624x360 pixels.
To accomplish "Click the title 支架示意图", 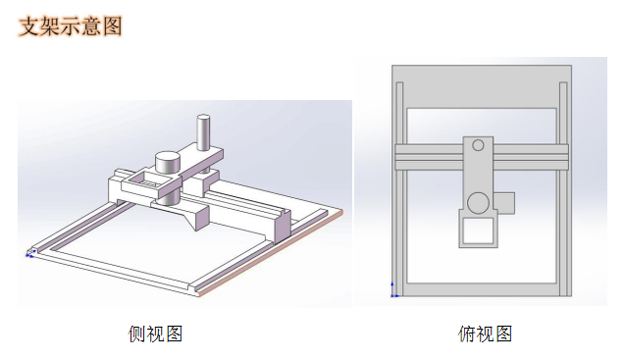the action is click(x=71, y=26).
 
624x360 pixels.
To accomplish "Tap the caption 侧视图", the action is click(x=155, y=334).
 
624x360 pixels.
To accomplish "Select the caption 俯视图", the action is click(x=485, y=334).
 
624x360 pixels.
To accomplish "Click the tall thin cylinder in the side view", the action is click(x=203, y=132).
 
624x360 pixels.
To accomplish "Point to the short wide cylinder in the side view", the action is click(x=168, y=162).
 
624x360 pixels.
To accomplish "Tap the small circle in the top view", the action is click(x=478, y=145).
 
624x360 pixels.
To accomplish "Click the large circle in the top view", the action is click(x=478, y=203).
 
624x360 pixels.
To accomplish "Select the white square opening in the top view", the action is click(x=478, y=231).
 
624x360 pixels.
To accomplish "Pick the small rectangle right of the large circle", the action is click(x=504, y=203).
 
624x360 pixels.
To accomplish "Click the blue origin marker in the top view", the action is click(x=393, y=291).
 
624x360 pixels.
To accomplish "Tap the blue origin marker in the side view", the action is click(x=30, y=253).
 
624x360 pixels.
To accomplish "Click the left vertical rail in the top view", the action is click(x=399, y=189).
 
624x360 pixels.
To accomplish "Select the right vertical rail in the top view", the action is click(x=563, y=189).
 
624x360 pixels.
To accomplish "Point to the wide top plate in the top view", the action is click(x=482, y=86).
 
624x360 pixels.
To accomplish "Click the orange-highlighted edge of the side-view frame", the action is click(x=271, y=253).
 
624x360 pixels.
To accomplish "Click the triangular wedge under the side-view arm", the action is click(x=197, y=218).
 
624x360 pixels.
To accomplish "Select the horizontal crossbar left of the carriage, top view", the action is click(x=429, y=157).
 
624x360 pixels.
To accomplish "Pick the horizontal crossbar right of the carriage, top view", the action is click(x=531, y=157).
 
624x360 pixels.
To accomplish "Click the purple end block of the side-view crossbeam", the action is click(x=283, y=227).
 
